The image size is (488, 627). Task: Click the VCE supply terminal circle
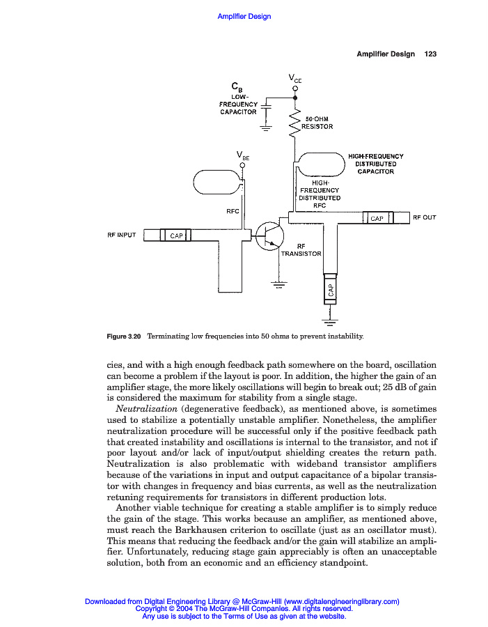pos(294,88)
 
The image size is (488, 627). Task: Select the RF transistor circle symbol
pos(268,237)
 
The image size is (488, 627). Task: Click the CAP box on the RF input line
pos(176,236)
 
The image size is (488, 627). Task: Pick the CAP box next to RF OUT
pos(377,218)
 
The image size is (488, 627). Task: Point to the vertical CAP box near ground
pos(331,290)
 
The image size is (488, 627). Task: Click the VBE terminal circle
pos(242,166)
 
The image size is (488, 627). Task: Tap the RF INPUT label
pos(121,235)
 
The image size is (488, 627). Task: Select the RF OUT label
pos(424,217)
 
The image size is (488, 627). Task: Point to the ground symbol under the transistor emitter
pos(278,284)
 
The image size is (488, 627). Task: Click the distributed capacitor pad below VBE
pos(217,183)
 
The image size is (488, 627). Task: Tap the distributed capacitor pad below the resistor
pos(320,164)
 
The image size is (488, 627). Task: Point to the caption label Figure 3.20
pos(124,336)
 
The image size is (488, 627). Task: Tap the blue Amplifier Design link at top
pos(244,17)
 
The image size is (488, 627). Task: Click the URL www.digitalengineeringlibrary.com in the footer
pos(341,601)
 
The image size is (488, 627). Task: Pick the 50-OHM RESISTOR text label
pos(317,123)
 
